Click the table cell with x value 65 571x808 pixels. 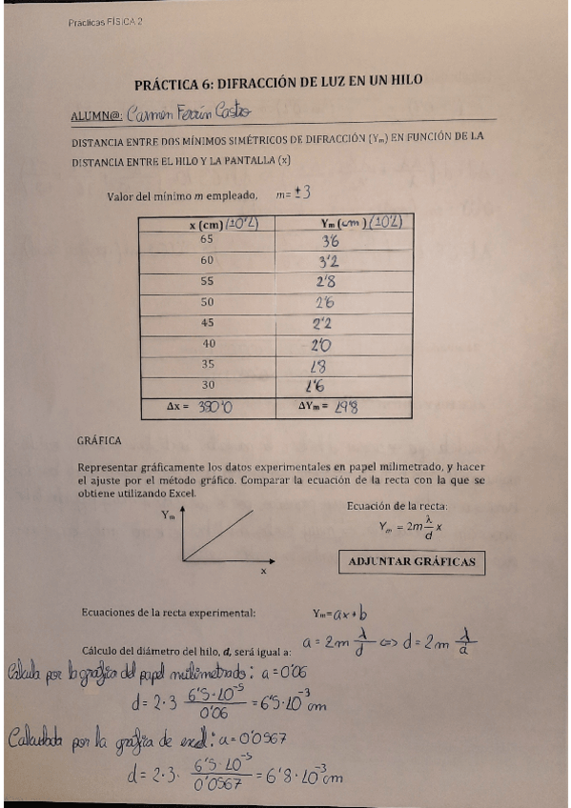coord(206,240)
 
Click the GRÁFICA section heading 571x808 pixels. coord(99,440)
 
